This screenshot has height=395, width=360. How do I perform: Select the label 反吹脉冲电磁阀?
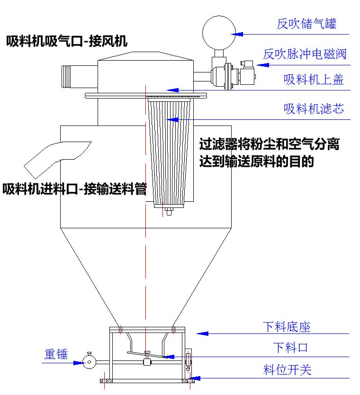pos(305,54)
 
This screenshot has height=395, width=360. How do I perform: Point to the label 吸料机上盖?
pos(314,79)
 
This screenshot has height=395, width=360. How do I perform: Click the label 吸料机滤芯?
pos(314,109)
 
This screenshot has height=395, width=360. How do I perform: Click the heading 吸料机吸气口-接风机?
pos(67,42)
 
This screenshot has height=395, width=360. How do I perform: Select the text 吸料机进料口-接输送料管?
pos(74,189)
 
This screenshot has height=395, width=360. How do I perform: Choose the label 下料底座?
pos(287,327)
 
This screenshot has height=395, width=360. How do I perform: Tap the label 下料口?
pos(290,348)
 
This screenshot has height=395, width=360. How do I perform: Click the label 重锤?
pos(56,354)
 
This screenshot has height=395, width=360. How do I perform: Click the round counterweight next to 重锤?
pos(89,363)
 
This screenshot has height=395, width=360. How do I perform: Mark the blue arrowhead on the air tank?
pos(237,34)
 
